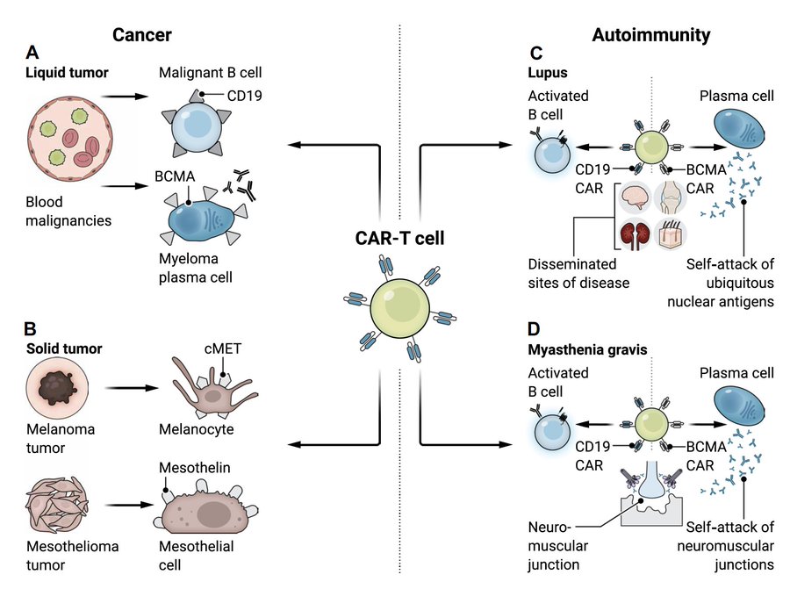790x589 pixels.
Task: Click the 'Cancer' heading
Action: point(141,35)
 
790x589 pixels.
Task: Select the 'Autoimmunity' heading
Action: point(651,35)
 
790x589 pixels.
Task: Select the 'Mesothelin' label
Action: point(195,468)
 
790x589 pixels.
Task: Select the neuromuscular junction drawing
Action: point(651,500)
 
